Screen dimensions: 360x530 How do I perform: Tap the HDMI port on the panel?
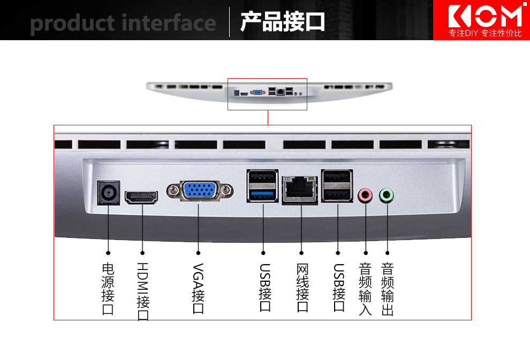pyautogui.click(x=142, y=197)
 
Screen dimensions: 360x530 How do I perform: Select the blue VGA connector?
pyautogui.click(x=199, y=191)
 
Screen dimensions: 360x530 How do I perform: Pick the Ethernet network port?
pyautogui.click(x=300, y=190)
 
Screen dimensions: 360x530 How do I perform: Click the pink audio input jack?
pyautogui.click(x=365, y=196)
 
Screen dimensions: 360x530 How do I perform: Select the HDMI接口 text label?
pyautogui.click(x=143, y=291)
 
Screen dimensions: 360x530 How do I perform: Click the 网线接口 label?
pyautogui.click(x=302, y=288)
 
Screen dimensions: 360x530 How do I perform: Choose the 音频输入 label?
pyautogui.click(x=365, y=289)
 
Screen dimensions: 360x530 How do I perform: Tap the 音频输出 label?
pyautogui.click(x=388, y=289)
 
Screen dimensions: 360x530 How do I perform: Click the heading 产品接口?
pyautogui.click(x=282, y=22)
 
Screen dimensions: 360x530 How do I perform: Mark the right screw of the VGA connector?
pyautogui.click(x=228, y=190)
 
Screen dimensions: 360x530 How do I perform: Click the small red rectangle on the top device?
pyautogui.click(x=267, y=94)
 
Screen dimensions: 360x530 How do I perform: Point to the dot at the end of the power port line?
pyautogui.click(x=108, y=252)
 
